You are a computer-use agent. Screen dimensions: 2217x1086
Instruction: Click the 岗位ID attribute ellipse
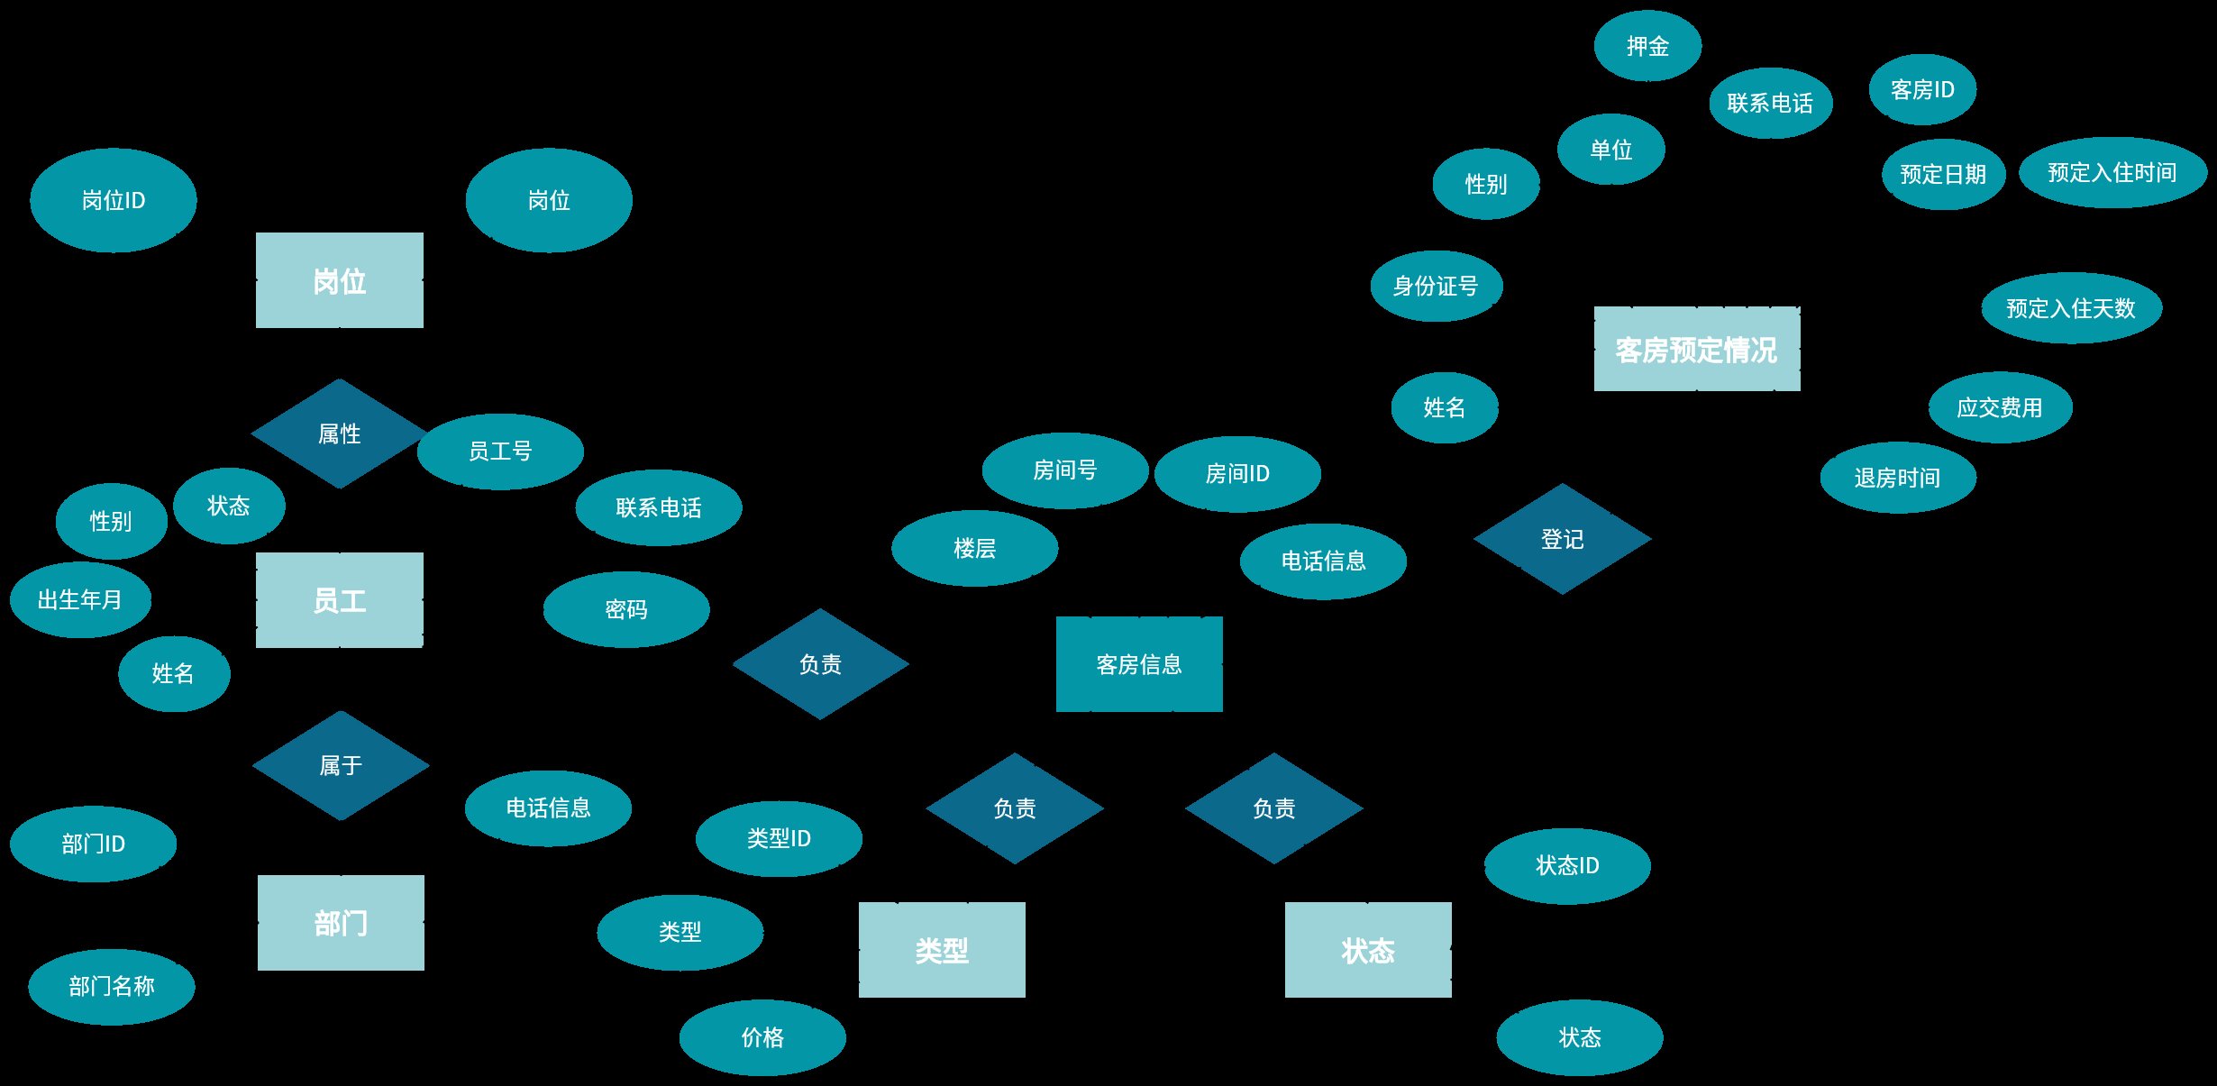click(x=114, y=200)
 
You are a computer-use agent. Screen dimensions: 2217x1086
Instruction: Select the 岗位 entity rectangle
click(x=340, y=280)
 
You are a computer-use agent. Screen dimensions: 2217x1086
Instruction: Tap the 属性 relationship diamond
click(x=340, y=433)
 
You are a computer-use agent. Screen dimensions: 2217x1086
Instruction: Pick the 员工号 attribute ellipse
click(x=500, y=452)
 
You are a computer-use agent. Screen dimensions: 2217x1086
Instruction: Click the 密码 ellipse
click(x=626, y=609)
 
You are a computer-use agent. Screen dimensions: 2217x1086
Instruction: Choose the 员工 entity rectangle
click(x=340, y=600)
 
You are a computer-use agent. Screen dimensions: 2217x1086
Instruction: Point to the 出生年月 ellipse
click(x=80, y=600)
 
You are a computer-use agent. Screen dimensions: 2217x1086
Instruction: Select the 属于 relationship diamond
click(x=341, y=766)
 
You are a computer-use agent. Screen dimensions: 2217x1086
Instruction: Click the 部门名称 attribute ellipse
click(x=112, y=987)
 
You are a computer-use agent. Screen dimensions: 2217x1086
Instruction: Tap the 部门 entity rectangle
click(x=341, y=923)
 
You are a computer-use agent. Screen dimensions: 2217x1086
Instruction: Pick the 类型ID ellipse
click(x=779, y=839)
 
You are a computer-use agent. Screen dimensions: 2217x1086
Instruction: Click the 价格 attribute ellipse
click(x=762, y=1037)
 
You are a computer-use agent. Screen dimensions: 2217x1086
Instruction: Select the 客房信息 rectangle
click(x=1139, y=664)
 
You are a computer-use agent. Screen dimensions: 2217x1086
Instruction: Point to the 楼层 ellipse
click(x=975, y=548)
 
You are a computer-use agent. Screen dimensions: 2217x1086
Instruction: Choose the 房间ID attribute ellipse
click(x=1237, y=474)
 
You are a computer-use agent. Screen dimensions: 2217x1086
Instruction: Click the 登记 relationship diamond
click(x=1563, y=539)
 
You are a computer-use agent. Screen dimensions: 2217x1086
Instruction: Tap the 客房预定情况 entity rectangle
click(x=1697, y=349)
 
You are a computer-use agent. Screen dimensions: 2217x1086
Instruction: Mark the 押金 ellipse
click(x=1648, y=46)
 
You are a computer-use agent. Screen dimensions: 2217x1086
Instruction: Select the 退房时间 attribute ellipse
click(x=1898, y=478)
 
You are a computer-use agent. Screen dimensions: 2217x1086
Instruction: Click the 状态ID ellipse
click(x=1567, y=866)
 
